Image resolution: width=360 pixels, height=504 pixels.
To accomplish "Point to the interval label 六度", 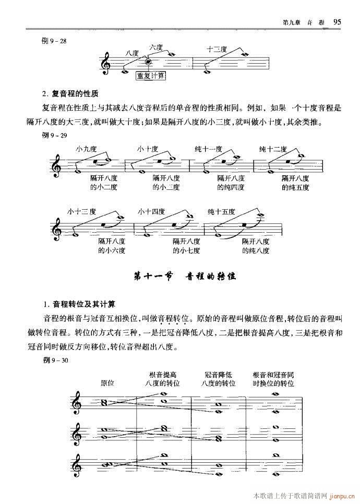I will (156, 47).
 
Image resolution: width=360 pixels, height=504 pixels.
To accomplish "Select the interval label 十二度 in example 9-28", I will (217, 50).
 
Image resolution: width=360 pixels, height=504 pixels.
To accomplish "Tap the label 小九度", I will (86, 149).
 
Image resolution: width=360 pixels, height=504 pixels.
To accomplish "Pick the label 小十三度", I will (81, 211).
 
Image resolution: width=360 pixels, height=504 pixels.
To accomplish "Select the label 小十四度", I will (151, 211).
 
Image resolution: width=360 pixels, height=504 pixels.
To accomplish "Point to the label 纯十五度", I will (221, 211).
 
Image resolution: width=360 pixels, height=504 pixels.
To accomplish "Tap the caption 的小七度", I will (186, 250).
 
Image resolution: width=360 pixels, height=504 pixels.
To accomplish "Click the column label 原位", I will (108, 383).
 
